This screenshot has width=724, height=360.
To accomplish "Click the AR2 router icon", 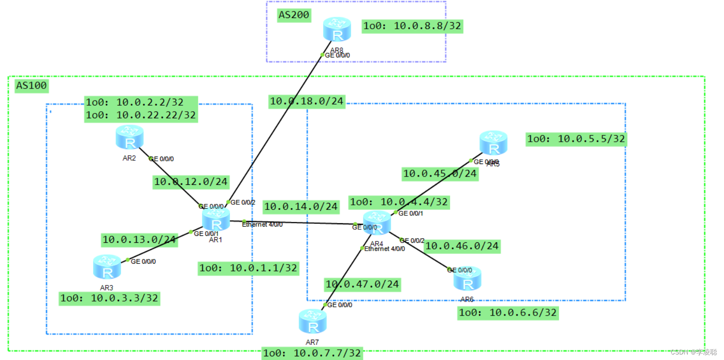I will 129,137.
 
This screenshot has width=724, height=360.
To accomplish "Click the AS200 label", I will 293,15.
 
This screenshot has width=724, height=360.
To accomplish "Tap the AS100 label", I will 32,86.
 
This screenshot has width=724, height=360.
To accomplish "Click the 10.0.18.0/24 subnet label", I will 307,101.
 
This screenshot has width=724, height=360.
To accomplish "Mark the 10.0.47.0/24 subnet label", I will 362,284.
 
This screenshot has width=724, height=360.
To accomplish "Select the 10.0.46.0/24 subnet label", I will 462,246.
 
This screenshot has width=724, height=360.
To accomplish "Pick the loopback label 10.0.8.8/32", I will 413,26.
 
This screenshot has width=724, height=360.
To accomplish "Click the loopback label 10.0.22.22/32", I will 141,114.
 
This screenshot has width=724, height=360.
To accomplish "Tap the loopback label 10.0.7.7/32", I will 311,354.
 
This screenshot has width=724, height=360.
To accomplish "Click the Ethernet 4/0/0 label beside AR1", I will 262,224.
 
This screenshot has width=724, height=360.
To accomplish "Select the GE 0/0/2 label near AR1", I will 242,202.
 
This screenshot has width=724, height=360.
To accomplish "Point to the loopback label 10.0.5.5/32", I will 577,139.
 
